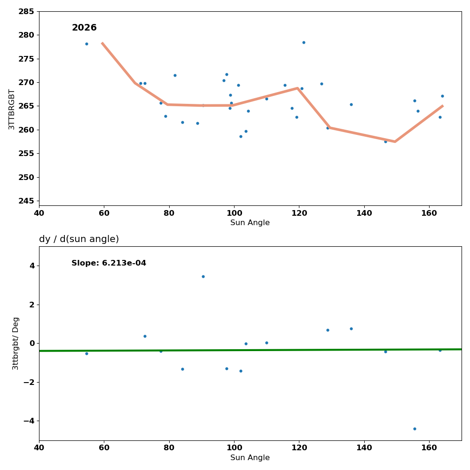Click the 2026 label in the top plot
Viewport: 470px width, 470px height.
pyautogui.click(x=84, y=28)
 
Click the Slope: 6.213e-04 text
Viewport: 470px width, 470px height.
pyautogui.click(x=109, y=263)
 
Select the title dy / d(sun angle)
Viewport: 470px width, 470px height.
pyautogui.click(x=79, y=239)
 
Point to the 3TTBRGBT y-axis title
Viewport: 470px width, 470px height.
pyautogui.click(x=12, y=109)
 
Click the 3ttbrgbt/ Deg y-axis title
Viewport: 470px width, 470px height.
pyautogui.click(x=16, y=343)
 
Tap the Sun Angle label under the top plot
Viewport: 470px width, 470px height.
pyautogui.click(x=250, y=223)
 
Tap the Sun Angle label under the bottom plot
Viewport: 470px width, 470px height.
pyautogui.click(x=250, y=458)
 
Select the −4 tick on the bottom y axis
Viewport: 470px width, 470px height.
pyautogui.click(x=29, y=421)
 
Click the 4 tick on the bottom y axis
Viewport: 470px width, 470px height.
pyautogui.click(x=32, y=266)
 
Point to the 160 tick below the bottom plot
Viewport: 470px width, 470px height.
pyautogui.click(x=429, y=447)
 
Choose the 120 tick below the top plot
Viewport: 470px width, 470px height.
pyautogui.click(x=299, y=212)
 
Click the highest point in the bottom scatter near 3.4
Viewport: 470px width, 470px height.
pyautogui.click(x=203, y=276)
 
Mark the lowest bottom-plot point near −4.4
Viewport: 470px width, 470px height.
pyautogui.click(x=415, y=429)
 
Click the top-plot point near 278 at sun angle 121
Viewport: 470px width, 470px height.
pyautogui.click(x=304, y=42)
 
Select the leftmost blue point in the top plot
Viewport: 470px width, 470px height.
pyautogui.click(x=86, y=44)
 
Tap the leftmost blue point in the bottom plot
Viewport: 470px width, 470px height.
pyautogui.click(x=86, y=353)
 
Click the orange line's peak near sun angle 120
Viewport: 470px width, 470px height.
pyautogui.click(x=298, y=88)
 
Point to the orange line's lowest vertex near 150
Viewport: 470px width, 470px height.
pyautogui.click(x=395, y=141)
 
